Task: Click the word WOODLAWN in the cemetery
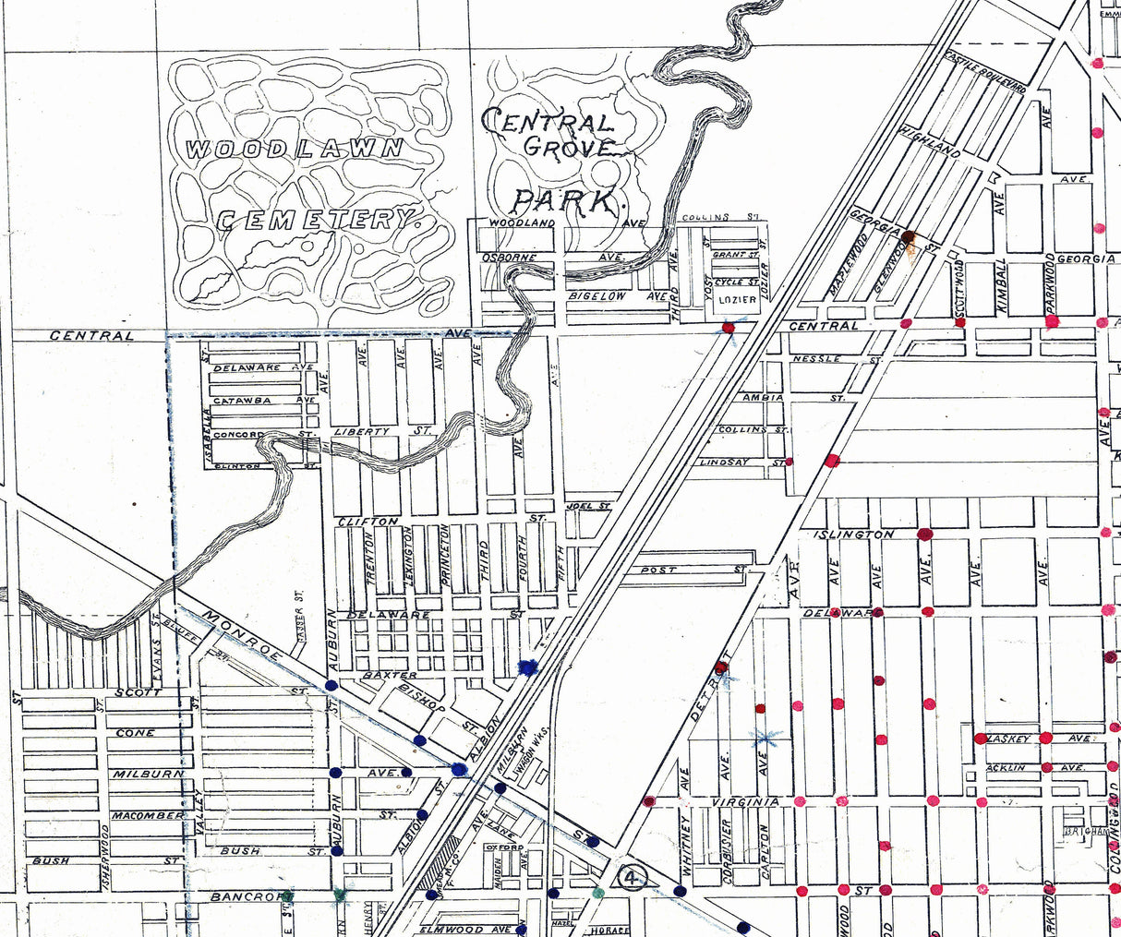pos(295,149)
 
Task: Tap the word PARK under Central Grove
pos(564,200)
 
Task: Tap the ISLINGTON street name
pos(854,535)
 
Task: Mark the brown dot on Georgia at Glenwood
pos(908,237)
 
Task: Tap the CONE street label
pos(136,733)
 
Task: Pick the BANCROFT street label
pos(243,896)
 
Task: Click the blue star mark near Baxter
pos(529,667)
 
